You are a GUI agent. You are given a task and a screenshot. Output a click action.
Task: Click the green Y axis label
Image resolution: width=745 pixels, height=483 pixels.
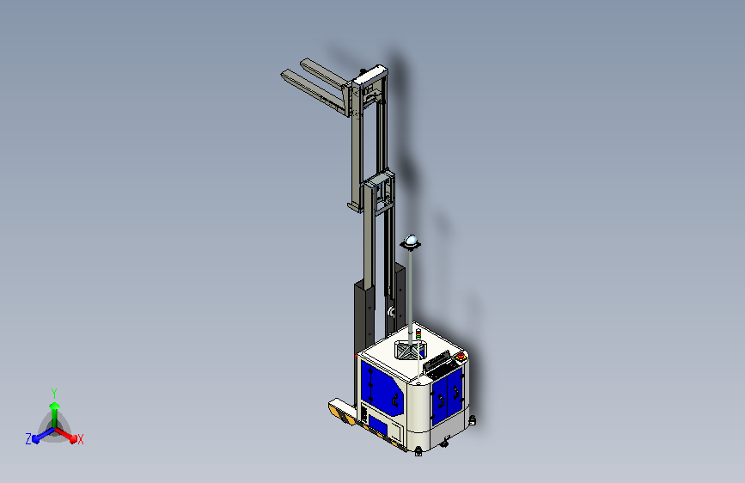[x=54, y=393]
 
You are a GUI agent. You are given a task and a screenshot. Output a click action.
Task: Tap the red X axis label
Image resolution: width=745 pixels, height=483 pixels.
[x=80, y=439]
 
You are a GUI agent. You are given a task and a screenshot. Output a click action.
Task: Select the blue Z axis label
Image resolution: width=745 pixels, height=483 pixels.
[x=28, y=439]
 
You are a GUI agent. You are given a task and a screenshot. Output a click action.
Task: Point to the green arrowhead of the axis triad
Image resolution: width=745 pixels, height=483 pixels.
[x=54, y=406]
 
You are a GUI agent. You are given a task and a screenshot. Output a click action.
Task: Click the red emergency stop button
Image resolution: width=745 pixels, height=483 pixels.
[x=460, y=356]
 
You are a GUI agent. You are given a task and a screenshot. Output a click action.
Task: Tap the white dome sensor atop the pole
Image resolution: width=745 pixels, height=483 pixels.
[x=411, y=241]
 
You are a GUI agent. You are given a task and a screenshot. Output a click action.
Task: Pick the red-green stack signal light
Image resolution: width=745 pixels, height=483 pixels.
[x=418, y=333]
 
